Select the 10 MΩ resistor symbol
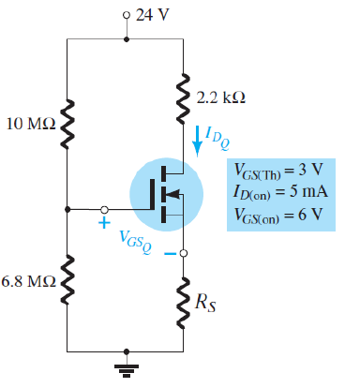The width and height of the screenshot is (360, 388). (x=67, y=123)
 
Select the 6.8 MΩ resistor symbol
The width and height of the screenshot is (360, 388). (x=67, y=280)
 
